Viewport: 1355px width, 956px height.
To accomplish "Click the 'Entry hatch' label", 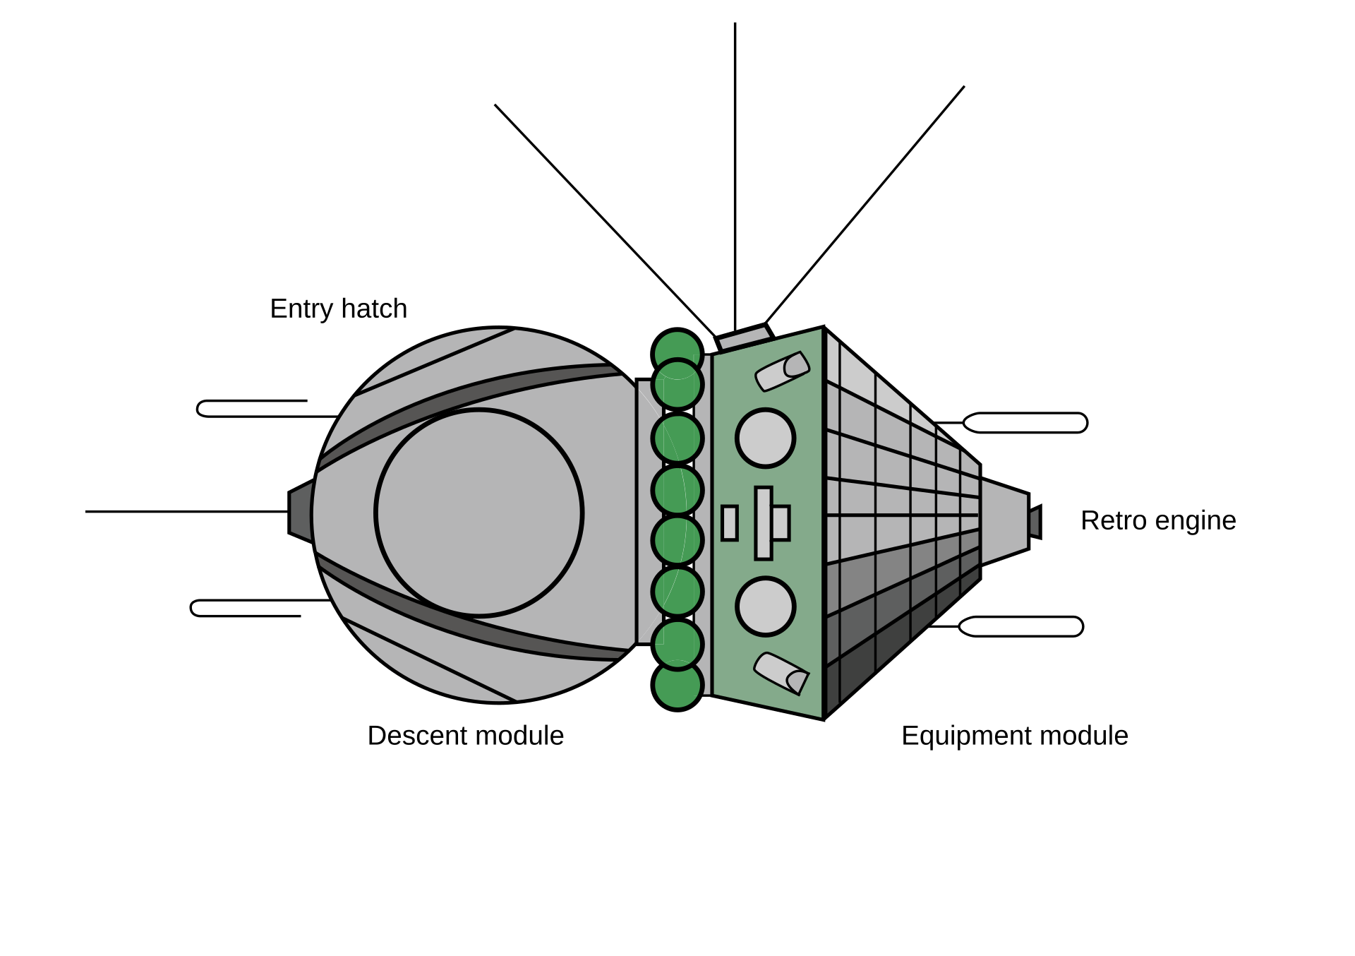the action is pyautogui.click(x=339, y=309).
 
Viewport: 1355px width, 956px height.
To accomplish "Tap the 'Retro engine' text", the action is pyautogui.click(x=1158, y=521).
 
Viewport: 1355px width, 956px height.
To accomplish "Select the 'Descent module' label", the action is pyautogui.click(x=466, y=736).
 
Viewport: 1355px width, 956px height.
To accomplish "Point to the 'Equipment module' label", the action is pyautogui.click(x=1015, y=736).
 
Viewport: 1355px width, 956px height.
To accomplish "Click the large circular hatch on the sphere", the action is pyautogui.click(x=479, y=513).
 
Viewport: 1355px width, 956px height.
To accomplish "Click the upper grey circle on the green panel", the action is pyautogui.click(x=766, y=438).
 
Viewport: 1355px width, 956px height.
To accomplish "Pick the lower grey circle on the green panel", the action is pyautogui.click(x=766, y=607).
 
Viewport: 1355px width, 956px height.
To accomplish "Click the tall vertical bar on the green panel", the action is pyautogui.click(x=764, y=523).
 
